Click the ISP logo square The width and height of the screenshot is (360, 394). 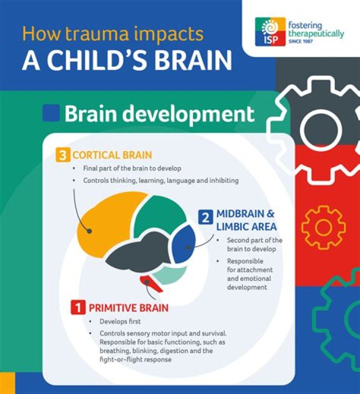click(270, 32)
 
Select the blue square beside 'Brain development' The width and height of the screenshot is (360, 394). click(51, 113)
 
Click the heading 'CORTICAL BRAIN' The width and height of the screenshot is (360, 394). click(112, 155)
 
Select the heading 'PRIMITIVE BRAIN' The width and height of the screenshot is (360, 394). click(128, 307)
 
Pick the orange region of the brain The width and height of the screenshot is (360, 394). click(107, 225)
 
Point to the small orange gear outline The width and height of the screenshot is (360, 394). click(323, 226)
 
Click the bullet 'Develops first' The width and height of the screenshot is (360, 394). click(121, 321)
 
